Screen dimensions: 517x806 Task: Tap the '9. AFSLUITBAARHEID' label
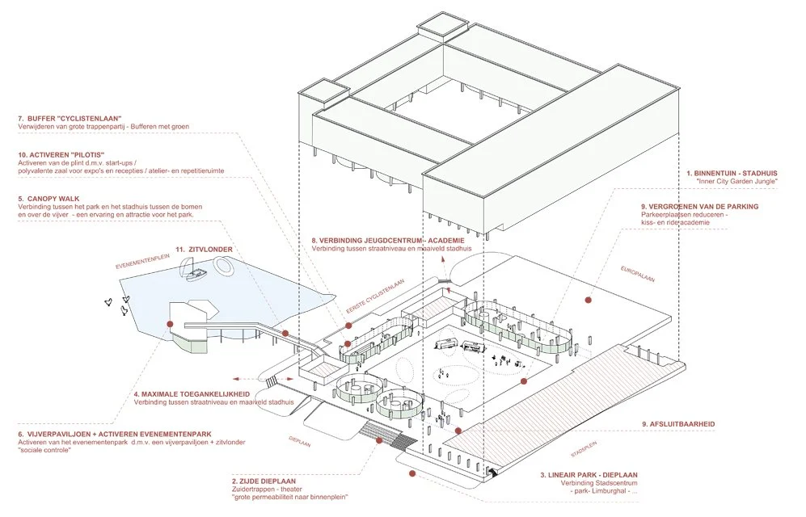point(677,424)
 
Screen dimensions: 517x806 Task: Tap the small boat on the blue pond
point(196,275)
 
